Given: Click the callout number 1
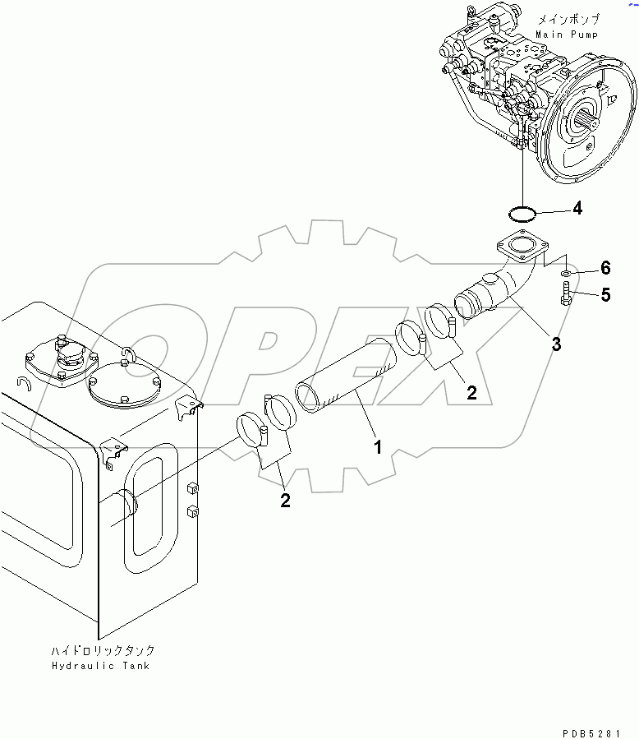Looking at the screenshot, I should point(378,447).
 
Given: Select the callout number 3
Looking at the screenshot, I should point(556,344).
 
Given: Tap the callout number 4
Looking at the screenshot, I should point(577,209).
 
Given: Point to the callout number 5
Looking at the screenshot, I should point(605,295).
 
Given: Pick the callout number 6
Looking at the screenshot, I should point(605,267).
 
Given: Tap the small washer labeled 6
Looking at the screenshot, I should point(566,271).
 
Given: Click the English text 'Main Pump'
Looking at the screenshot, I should point(567,35).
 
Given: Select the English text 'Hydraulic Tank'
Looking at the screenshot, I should point(99,666).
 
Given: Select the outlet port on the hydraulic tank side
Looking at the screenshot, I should point(122,505).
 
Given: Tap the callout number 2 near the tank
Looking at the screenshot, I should point(285,501).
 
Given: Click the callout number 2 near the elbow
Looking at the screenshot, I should point(471,393).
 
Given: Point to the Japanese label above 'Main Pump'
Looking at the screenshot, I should point(567,19).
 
